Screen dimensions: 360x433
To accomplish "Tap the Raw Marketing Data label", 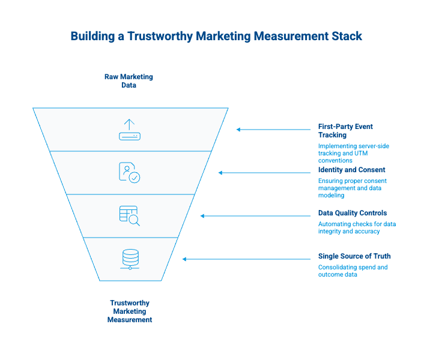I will [x=129, y=81].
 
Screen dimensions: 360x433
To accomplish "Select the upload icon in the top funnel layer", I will [x=129, y=130].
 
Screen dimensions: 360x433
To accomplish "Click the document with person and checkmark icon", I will [x=130, y=172].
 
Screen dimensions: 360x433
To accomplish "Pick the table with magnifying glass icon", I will [x=130, y=215].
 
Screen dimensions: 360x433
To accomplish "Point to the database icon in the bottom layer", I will [x=130, y=259].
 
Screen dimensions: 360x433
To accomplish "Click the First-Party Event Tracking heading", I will [x=345, y=131].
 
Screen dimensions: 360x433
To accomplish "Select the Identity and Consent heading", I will [x=352, y=170].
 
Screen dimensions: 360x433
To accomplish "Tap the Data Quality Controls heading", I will [x=353, y=213].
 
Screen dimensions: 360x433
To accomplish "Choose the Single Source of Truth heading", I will [x=354, y=256].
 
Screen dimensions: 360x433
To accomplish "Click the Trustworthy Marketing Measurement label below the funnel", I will [x=130, y=311].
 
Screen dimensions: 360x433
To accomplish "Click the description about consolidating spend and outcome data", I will [x=353, y=271].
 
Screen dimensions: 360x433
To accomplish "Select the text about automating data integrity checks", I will [x=357, y=227].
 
